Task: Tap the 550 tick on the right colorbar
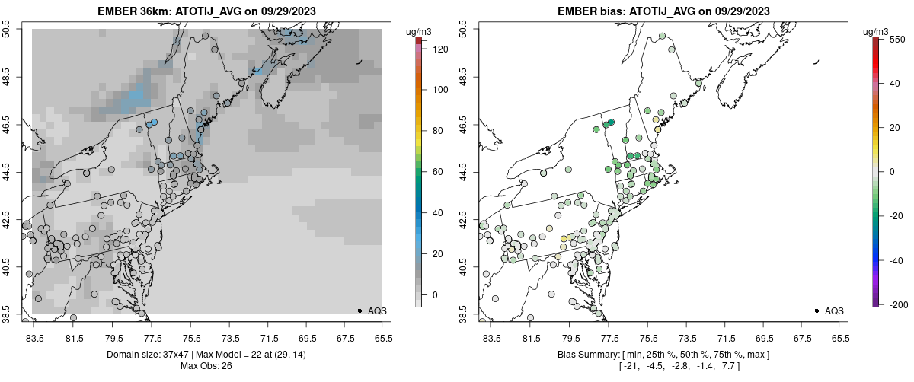point(896,39)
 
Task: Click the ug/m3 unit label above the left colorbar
point(419,31)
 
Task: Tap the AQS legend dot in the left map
point(360,310)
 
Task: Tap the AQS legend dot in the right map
point(817,310)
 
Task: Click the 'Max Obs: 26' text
point(206,366)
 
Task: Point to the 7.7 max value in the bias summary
point(730,366)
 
